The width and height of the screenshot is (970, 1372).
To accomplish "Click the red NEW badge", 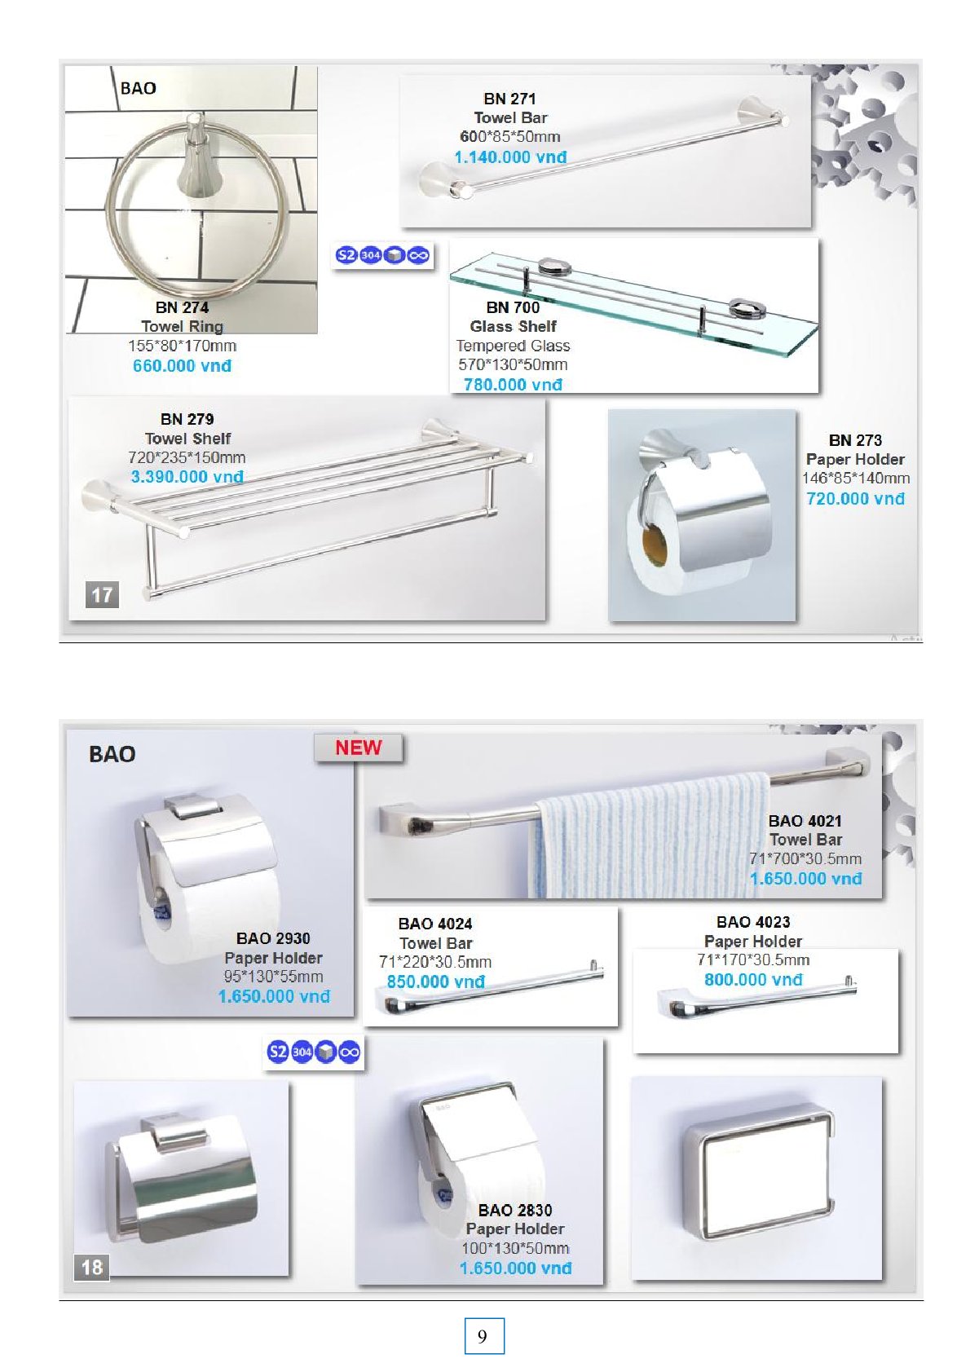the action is (x=358, y=748).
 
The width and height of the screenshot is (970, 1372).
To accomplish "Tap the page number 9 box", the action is (x=483, y=1335).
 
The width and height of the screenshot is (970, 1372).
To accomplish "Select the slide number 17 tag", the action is (x=102, y=595).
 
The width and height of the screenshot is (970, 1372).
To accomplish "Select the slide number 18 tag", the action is (x=92, y=1267).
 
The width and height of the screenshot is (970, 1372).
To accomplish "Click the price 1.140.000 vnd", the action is (x=510, y=157).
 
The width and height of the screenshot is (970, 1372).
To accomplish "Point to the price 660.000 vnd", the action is (x=183, y=366).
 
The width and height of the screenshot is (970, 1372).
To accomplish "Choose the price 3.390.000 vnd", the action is (x=187, y=477).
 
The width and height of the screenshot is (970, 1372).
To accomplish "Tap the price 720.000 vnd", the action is (x=855, y=499).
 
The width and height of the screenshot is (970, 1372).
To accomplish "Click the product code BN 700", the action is (x=514, y=307).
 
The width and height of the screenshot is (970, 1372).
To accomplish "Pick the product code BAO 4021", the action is (x=805, y=821).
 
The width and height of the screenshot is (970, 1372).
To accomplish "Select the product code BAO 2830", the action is (x=515, y=1211).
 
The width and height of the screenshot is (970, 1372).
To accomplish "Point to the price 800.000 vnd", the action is (x=753, y=980).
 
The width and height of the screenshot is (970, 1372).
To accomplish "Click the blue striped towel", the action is (x=649, y=838).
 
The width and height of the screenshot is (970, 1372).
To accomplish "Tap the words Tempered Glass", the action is (x=514, y=346).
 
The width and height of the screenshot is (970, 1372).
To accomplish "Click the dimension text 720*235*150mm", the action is (x=187, y=457).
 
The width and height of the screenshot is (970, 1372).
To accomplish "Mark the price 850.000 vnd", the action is (x=436, y=982).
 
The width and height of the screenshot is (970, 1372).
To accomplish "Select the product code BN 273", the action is (x=855, y=440).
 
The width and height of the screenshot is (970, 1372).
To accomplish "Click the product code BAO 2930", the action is (x=273, y=938).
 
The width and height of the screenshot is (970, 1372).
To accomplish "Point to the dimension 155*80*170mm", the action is (x=183, y=346).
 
